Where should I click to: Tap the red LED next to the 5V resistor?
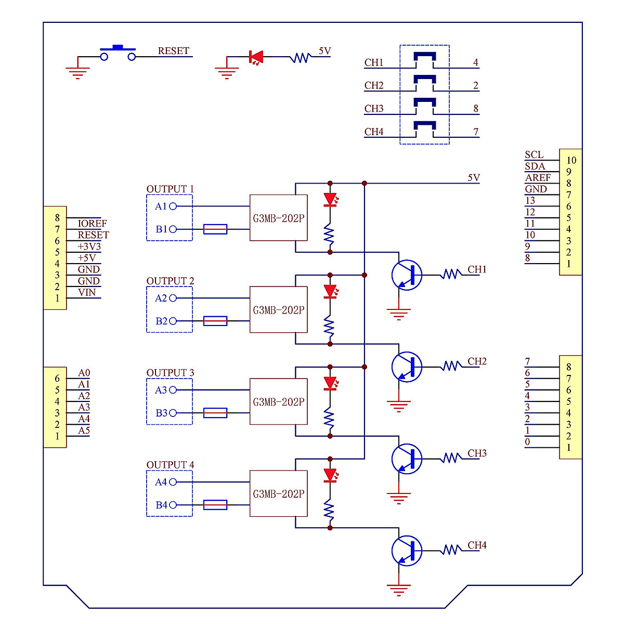click(x=256, y=57)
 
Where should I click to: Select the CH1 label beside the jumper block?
click(x=373, y=62)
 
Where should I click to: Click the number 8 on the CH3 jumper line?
click(x=476, y=109)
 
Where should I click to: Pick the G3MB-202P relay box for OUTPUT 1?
click(x=278, y=218)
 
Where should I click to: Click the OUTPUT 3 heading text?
click(x=170, y=373)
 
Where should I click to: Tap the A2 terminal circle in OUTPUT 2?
click(x=173, y=298)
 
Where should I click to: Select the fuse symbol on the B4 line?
click(x=215, y=504)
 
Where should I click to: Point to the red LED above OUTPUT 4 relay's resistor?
click(x=330, y=475)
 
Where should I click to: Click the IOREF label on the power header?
click(x=92, y=223)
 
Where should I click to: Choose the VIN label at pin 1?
click(x=87, y=292)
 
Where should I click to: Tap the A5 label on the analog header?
click(x=84, y=430)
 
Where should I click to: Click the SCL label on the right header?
click(x=534, y=154)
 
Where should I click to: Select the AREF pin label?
click(x=538, y=177)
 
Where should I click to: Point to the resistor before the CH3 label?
click(x=451, y=458)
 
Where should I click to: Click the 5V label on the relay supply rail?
click(x=473, y=177)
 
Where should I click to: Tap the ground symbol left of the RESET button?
click(x=77, y=72)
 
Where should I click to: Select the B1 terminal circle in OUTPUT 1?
click(x=173, y=229)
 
